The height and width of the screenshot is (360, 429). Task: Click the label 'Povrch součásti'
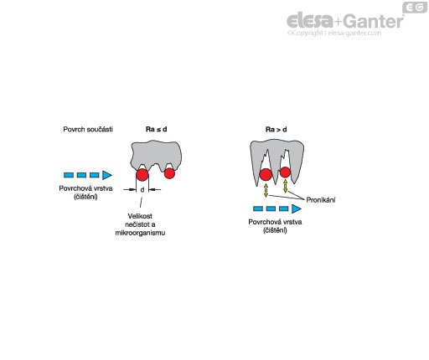[88, 129]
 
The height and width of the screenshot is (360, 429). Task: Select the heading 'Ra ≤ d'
[157, 129]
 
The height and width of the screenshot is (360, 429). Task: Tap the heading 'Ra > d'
[276, 130]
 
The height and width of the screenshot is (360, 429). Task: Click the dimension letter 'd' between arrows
[142, 190]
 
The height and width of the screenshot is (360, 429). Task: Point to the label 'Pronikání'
[321, 200]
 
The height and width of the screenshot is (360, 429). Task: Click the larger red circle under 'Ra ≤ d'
[142, 175]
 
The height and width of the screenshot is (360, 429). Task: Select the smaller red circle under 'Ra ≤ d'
[169, 173]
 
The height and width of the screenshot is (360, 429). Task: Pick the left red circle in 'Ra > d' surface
[266, 175]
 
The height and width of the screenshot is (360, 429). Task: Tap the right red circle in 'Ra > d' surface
[285, 172]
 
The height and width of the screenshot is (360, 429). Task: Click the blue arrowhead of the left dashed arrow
[106, 175]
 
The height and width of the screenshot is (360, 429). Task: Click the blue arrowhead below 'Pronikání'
[296, 208]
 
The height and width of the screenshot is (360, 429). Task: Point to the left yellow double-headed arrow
[266, 191]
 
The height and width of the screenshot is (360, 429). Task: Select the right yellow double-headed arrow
[285, 186]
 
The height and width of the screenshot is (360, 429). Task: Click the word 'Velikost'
[140, 216]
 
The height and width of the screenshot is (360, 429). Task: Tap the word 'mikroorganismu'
[140, 233]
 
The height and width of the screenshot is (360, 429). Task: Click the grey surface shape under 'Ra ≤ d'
[157, 154]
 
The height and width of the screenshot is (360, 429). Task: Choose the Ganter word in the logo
[374, 21]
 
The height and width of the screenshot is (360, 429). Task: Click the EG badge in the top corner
[415, 8]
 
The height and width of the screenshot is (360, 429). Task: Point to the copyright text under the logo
[334, 33]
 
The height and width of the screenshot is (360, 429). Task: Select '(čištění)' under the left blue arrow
[85, 197]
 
